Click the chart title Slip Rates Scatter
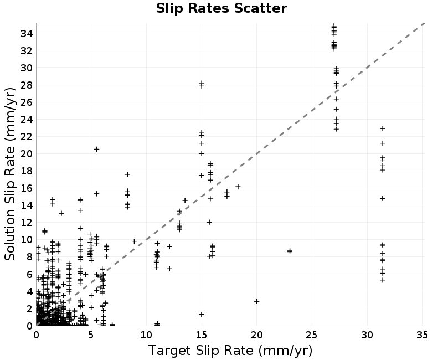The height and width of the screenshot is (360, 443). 221,8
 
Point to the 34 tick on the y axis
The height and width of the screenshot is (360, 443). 27,34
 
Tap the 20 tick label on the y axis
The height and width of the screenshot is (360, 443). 27,154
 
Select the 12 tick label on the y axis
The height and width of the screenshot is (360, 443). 27,223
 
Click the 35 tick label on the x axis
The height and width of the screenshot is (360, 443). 422,335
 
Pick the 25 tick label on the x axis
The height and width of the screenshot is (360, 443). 312,335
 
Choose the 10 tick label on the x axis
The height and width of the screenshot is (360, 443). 146,335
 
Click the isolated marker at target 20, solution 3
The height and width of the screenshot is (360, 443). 256,301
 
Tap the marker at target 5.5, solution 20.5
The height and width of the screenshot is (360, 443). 96,149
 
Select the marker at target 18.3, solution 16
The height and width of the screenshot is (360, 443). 238,187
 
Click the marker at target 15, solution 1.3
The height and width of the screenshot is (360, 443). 202,314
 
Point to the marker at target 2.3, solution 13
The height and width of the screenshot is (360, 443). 61,213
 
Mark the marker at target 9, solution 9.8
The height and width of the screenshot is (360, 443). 134,241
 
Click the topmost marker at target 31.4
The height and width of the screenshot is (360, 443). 383,128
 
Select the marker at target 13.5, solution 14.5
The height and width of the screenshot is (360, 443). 185,200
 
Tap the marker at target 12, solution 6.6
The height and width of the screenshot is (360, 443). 169,269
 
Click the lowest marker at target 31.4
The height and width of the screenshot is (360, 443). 383,280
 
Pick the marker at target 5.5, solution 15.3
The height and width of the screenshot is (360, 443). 96,193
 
